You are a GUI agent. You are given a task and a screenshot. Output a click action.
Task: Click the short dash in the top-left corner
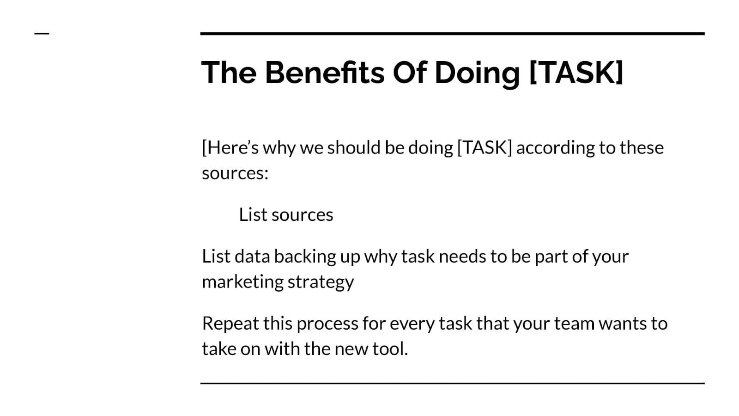pyautogui.click(x=42, y=33)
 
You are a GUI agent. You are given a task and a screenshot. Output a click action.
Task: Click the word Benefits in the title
pyautogui.click(x=325, y=72)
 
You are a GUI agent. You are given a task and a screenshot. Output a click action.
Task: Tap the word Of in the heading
pyautogui.click(x=410, y=72)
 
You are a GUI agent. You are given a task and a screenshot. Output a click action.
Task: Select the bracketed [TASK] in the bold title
pyautogui.click(x=576, y=72)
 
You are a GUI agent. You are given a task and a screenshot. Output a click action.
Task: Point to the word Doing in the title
pyautogui.click(x=478, y=74)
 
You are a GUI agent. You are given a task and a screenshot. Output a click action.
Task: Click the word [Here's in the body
pyautogui.click(x=230, y=147)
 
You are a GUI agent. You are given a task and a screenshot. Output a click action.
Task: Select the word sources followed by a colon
pyautogui.click(x=235, y=173)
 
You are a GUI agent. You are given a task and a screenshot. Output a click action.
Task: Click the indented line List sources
pyautogui.click(x=286, y=214)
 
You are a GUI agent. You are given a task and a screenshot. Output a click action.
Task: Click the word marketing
pyautogui.click(x=242, y=282)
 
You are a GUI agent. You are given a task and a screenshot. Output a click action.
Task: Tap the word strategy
pyautogui.click(x=321, y=282)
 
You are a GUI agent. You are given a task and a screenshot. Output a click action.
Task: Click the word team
pyautogui.click(x=575, y=324)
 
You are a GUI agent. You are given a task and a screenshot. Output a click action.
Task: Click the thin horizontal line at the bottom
pyautogui.click(x=452, y=383)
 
